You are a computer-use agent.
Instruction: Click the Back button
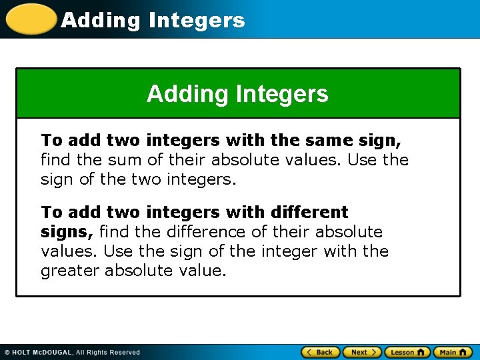click(x=321, y=352)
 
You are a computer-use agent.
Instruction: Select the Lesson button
click(x=407, y=352)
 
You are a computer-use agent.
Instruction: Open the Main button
click(x=452, y=352)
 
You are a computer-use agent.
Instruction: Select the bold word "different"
click(x=309, y=212)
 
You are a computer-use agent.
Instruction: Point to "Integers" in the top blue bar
click(x=197, y=20)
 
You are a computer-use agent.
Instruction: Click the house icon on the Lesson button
click(x=421, y=352)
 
